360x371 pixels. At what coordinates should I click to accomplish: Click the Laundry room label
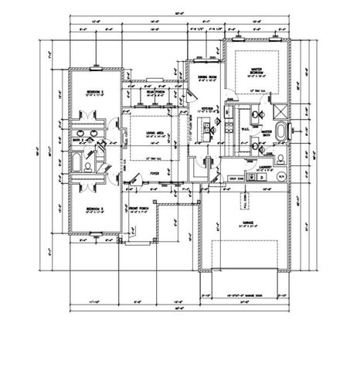(x=265, y=165)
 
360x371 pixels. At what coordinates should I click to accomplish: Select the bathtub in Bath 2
(x=79, y=162)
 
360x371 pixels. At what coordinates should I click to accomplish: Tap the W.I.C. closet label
(x=241, y=129)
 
